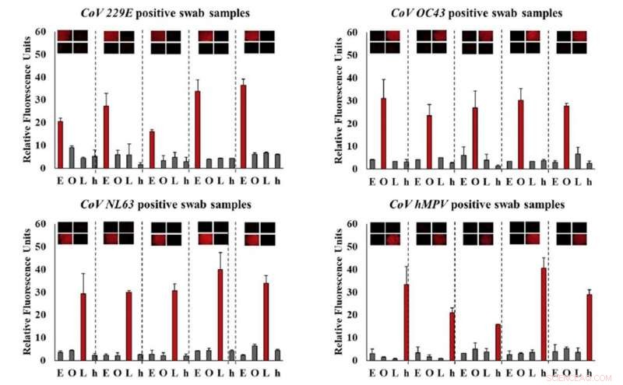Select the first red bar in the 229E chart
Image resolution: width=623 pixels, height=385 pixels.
(60, 144)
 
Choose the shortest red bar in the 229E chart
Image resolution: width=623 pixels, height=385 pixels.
(152, 149)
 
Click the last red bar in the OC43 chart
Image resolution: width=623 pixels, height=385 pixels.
(566, 136)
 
